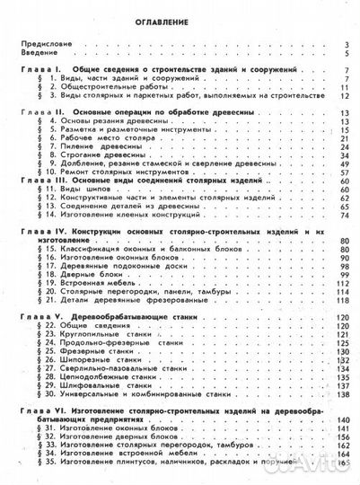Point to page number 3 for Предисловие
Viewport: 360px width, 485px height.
coord(346,43)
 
